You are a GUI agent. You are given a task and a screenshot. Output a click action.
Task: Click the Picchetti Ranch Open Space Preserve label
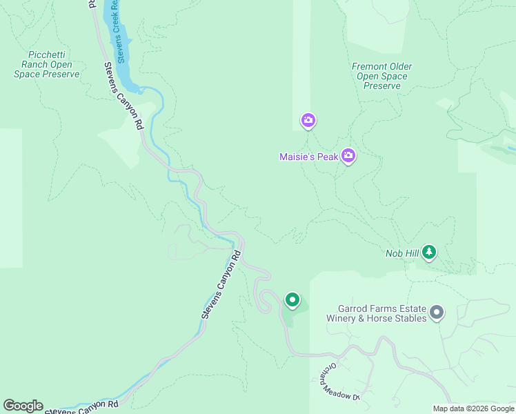tap(47, 64)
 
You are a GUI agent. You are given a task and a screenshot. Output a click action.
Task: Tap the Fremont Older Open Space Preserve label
tap(381, 76)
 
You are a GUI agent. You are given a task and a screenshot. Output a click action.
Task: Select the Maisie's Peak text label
tap(308, 157)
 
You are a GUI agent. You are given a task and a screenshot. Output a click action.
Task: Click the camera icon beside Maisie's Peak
tap(348, 156)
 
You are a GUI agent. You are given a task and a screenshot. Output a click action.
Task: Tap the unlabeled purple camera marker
tap(308, 121)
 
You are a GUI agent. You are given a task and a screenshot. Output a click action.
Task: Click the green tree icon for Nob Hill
tap(429, 253)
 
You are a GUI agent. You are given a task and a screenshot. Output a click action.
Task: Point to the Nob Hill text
tap(401, 253)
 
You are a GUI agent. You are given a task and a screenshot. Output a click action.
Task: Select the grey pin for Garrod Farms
tap(436, 313)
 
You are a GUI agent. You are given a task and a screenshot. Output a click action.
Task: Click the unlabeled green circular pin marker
tap(292, 300)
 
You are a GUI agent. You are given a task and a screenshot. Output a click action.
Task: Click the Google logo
tap(23, 406)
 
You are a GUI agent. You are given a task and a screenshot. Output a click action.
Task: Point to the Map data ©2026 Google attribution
tap(473, 408)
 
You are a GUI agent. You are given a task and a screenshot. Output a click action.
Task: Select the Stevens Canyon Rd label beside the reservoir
tap(123, 97)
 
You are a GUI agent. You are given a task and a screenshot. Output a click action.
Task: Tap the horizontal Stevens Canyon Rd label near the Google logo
tap(82, 408)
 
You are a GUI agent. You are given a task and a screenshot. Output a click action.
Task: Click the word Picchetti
tap(47, 55)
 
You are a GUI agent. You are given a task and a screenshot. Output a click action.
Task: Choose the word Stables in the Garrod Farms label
tap(408, 319)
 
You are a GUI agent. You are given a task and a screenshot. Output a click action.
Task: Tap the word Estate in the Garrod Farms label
tap(410, 308)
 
